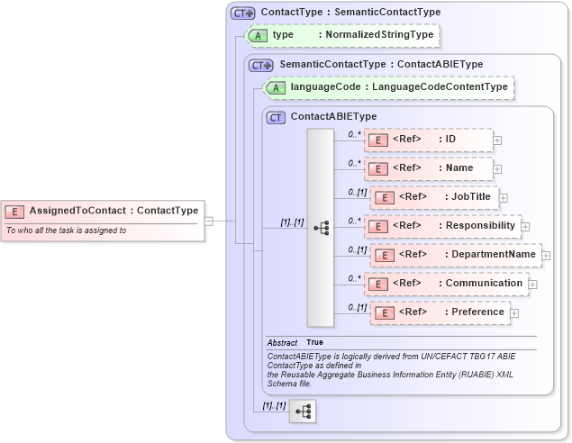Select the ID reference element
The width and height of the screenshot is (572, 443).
429,139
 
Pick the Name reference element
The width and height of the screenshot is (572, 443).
429,167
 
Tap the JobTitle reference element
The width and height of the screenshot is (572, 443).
434,196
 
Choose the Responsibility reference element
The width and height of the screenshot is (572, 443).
442,225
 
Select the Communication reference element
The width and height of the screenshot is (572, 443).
446,283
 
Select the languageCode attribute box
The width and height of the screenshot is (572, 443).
388,87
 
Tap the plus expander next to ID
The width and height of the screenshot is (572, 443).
497,140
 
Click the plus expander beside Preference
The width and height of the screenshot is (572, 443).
514,313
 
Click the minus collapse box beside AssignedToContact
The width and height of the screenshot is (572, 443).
208,219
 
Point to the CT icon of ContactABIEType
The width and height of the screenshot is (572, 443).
277,116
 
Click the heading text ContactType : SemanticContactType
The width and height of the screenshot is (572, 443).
350,13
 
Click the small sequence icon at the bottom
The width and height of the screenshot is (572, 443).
304,411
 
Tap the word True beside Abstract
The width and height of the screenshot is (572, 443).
315,343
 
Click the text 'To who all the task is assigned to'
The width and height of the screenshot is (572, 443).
66,231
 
